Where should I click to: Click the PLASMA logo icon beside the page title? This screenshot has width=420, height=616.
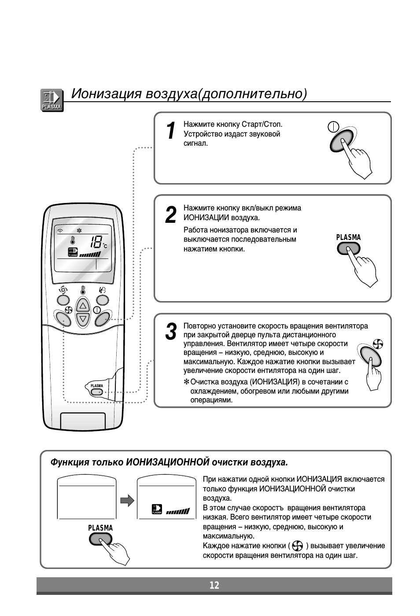[52, 100]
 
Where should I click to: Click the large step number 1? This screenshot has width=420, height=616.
[171, 131]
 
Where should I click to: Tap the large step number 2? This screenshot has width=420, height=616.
[170, 215]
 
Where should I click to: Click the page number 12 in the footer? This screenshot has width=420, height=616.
[214, 585]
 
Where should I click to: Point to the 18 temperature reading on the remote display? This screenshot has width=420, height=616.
[96, 241]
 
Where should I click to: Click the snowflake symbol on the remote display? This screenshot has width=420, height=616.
[79, 230]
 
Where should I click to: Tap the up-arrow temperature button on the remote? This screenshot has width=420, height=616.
[83, 306]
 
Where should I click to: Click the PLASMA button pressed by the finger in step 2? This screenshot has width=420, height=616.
[348, 249]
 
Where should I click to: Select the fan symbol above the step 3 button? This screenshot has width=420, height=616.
[378, 344]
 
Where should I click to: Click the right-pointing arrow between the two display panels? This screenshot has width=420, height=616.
[127, 501]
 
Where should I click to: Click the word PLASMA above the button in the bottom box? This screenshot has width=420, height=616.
[100, 528]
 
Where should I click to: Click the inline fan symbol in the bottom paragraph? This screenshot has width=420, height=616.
[297, 546]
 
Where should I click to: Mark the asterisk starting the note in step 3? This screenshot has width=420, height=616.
[186, 381]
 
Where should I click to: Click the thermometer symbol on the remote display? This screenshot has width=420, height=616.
[72, 240]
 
